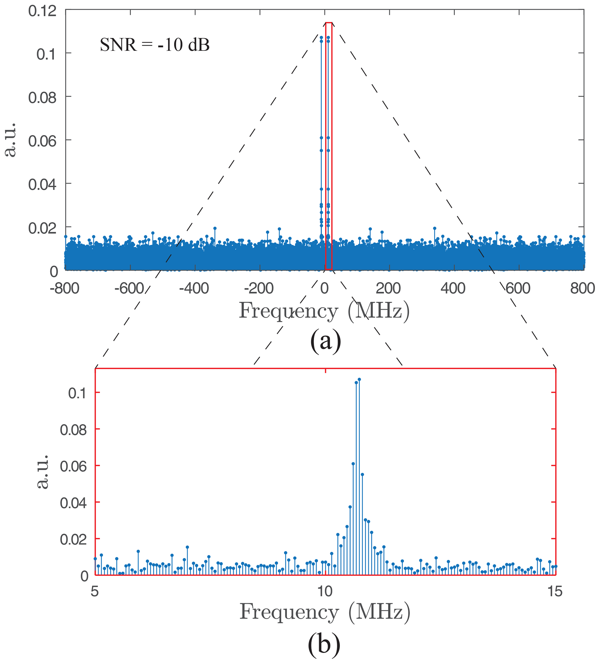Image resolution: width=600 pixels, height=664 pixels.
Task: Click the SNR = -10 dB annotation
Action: [x=155, y=45]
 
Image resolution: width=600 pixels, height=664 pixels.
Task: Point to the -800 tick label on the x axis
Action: [x=65, y=289]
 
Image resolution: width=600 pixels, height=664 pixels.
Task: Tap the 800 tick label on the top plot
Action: [x=583, y=289]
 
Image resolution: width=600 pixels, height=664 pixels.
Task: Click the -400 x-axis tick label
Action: [x=194, y=289]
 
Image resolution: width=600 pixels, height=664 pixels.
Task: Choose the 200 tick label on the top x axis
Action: [x=388, y=289]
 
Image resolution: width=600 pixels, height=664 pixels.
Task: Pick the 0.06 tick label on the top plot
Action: [x=42, y=141]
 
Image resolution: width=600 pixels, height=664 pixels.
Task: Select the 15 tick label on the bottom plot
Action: [x=555, y=592]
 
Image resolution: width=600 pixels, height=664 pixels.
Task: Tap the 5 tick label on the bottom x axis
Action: [x=95, y=592]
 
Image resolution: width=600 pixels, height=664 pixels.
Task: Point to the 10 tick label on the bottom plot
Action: [x=325, y=592]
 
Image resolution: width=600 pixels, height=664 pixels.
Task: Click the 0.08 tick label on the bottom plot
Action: [x=73, y=430]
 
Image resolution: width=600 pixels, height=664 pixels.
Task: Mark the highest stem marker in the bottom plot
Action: [x=359, y=379]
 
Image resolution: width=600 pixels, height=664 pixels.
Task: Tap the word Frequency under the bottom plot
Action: [x=289, y=612]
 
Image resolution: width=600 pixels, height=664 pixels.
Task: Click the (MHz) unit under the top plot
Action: [x=379, y=311]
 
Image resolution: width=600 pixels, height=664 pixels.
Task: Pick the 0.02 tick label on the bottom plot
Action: [x=73, y=540]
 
